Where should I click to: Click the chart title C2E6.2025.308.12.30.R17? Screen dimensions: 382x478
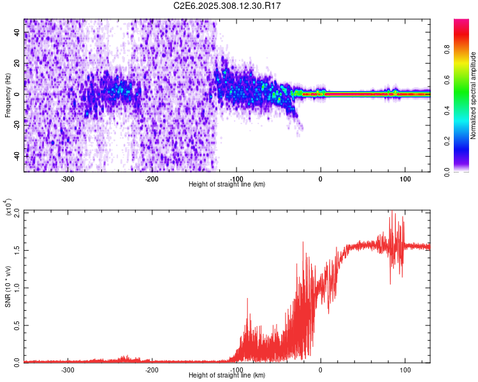click(228, 6)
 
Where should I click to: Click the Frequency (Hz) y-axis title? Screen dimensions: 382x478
click(8, 94)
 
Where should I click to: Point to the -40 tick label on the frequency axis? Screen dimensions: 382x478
click(16, 156)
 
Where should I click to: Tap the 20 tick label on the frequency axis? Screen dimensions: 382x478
click(17, 64)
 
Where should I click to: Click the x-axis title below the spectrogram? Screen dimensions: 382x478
click(227, 185)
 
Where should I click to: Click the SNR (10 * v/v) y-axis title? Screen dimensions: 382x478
click(8, 286)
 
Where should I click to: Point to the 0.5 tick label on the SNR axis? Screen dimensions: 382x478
click(17, 324)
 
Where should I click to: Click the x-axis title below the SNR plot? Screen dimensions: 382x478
click(227, 376)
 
